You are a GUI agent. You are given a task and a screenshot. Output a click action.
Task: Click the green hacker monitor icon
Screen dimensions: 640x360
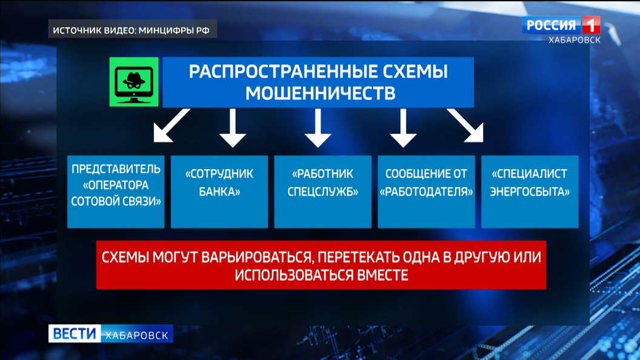[x=134, y=82]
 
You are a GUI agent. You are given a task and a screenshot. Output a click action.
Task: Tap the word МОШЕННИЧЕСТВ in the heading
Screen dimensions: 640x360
[x=321, y=93]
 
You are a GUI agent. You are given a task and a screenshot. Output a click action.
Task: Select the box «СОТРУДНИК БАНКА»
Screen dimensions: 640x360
[x=219, y=192]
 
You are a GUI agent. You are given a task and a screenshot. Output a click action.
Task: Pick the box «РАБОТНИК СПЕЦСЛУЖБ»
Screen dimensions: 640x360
[x=323, y=192]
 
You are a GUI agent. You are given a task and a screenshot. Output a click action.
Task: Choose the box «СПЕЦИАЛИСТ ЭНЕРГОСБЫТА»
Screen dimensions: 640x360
[x=530, y=192]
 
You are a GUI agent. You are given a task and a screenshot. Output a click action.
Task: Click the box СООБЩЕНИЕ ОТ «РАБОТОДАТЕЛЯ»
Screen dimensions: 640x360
[x=426, y=192]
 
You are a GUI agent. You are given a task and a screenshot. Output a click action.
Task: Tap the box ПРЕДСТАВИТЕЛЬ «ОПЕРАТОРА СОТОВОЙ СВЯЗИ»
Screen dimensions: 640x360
[x=116, y=192]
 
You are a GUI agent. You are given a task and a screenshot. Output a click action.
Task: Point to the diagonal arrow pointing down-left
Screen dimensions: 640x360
[x=172, y=125]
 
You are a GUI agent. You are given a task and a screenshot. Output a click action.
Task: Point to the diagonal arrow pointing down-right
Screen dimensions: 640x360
[x=465, y=125]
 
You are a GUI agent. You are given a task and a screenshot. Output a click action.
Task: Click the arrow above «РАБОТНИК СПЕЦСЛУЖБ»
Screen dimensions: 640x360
[x=318, y=128]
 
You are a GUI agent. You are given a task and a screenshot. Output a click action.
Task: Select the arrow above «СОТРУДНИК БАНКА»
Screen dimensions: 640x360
[x=233, y=128]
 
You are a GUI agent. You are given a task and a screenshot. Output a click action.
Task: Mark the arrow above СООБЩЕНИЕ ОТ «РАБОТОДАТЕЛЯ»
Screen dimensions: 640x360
[x=403, y=128]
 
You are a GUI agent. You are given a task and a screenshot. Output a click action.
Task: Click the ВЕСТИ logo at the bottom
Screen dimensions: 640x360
[x=75, y=333]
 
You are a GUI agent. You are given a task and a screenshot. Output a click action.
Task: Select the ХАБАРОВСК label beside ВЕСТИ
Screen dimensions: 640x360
[x=137, y=335]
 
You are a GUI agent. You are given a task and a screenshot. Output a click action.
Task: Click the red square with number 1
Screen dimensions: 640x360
[x=591, y=25]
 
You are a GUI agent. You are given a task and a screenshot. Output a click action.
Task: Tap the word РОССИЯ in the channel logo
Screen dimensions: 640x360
[x=551, y=25]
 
